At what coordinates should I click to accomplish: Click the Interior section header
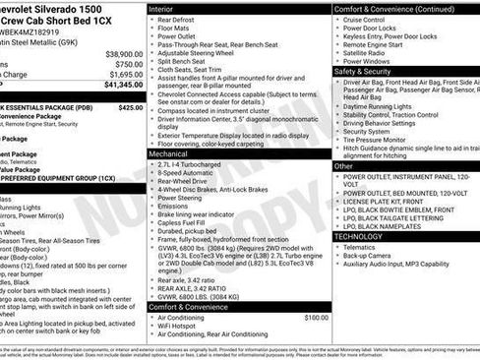point(167,8)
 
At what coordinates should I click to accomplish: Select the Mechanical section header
point(173,153)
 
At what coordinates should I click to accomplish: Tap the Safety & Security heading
point(366,71)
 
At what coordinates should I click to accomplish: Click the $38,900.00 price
point(124,54)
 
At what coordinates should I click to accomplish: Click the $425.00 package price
point(130,107)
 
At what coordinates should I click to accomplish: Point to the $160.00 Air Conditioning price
point(316,318)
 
